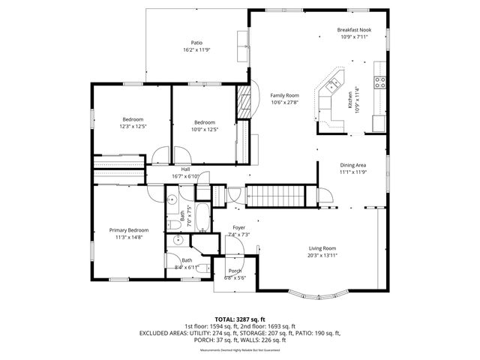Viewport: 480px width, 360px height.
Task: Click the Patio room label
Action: tap(196, 43)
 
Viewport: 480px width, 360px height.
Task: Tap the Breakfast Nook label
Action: tap(355, 30)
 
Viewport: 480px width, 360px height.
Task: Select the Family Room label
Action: tap(285, 96)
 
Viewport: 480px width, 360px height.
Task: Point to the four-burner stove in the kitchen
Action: tap(380, 82)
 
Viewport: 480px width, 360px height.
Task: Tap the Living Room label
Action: tap(323, 248)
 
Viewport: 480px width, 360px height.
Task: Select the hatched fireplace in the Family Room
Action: tap(243, 100)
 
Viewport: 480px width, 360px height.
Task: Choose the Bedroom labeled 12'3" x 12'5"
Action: tap(133, 119)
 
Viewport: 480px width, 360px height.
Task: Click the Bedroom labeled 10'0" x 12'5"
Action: tap(205, 122)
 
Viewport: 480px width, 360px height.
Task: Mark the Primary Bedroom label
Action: tap(129, 230)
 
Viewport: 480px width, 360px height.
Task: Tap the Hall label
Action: tap(185, 169)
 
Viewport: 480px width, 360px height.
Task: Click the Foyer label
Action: tap(238, 227)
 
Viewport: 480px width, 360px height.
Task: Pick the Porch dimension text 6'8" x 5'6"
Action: tap(235, 278)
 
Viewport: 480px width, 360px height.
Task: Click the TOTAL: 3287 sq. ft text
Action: tap(240, 319)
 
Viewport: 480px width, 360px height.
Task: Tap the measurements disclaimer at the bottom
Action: tap(240, 350)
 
